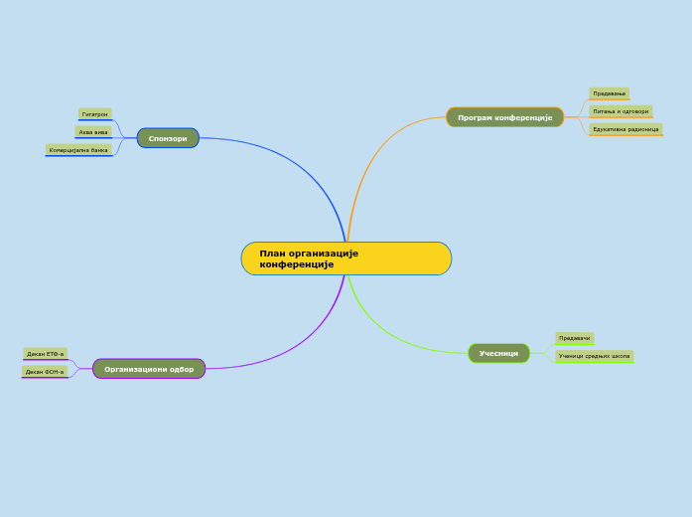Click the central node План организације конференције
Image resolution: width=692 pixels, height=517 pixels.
click(346, 258)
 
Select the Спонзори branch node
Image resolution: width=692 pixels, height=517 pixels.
click(168, 138)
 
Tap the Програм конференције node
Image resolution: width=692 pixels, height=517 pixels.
click(504, 117)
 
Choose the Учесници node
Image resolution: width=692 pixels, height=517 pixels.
click(498, 353)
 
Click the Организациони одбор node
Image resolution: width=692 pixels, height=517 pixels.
click(149, 369)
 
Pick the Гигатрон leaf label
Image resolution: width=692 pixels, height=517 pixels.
click(95, 114)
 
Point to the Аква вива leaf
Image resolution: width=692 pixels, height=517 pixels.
click(93, 131)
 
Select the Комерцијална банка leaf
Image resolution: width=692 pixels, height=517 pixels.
click(78, 150)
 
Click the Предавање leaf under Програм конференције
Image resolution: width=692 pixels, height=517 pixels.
click(609, 93)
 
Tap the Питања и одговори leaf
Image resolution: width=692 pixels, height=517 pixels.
click(621, 111)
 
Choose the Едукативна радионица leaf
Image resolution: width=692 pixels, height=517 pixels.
click(625, 129)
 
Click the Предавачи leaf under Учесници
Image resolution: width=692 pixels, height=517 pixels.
click(574, 338)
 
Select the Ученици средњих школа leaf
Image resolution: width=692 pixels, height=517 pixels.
click(594, 356)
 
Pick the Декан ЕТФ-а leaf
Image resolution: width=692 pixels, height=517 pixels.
click(45, 354)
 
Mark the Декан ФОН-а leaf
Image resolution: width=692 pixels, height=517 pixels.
click(45, 372)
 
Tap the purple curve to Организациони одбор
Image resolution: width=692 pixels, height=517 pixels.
click(298, 348)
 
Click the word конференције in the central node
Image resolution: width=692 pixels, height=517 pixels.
click(297, 264)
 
